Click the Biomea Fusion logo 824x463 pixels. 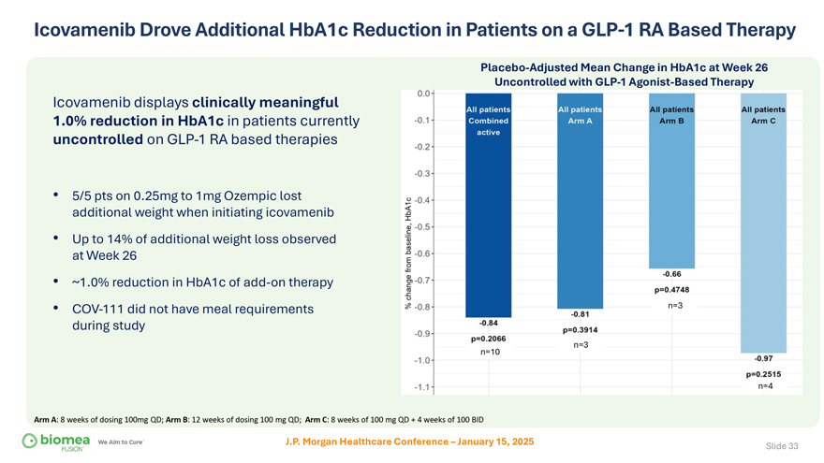(x=57, y=441)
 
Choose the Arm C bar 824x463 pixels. (x=762, y=224)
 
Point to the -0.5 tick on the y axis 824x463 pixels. (x=424, y=226)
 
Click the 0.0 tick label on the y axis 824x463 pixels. (x=424, y=93)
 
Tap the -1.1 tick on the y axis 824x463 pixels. (x=424, y=387)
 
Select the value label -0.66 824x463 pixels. (x=671, y=274)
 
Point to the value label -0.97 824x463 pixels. (x=762, y=358)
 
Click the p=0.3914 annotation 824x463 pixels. (x=580, y=329)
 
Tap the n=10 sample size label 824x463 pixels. (x=489, y=352)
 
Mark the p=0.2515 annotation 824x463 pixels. (x=763, y=374)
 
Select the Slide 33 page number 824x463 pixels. (x=781, y=445)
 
